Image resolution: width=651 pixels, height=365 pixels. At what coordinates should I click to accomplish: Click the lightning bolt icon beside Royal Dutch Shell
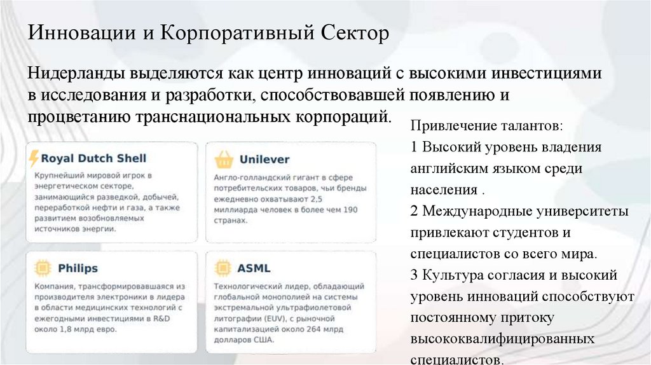(34, 158)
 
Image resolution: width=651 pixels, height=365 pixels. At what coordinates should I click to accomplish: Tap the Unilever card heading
(264, 159)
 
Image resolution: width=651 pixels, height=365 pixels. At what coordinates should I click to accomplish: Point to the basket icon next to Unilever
(223, 159)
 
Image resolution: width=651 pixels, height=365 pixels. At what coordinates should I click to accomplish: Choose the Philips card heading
(78, 268)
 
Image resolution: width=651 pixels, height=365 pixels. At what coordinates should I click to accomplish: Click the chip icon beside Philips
(40, 268)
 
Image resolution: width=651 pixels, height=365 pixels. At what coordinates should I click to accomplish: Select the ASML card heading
(253, 268)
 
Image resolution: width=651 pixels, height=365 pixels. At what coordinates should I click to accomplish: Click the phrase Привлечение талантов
(486, 125)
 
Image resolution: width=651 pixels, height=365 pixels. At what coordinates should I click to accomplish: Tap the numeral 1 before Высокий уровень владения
(415, 148)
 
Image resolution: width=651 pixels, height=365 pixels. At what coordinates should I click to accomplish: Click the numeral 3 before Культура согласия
(415, 275)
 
